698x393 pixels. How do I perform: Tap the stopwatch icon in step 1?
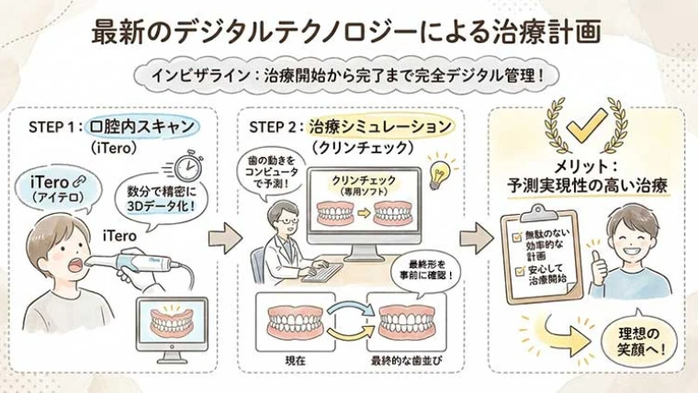(x=188, y=167)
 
